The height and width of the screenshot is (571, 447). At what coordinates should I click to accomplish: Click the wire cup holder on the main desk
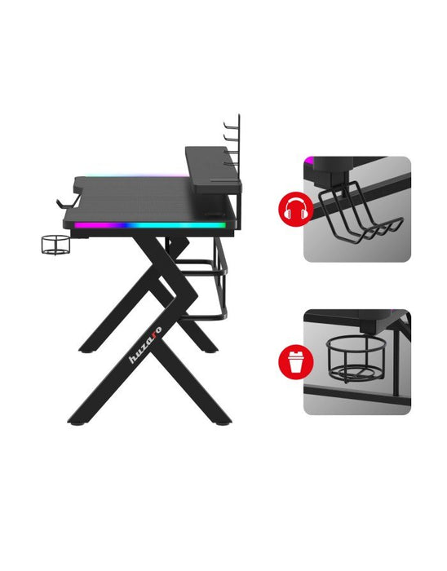[x=55, y=244]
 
